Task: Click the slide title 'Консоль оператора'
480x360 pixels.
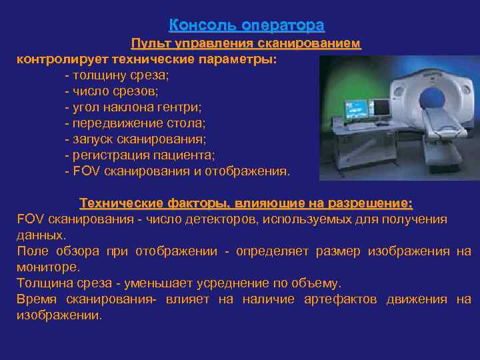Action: [247, 25]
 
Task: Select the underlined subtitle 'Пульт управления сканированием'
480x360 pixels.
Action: [245, 44]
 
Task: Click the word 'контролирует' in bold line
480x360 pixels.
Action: [57, 59]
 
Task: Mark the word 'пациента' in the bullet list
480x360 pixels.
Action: [191, 155]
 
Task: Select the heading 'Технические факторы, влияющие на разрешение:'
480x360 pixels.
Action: [246, 203]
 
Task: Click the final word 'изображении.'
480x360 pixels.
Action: [59, 315]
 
